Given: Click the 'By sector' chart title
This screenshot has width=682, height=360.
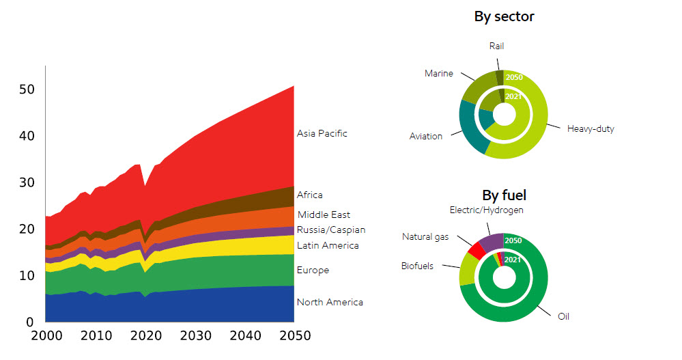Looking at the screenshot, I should pos(504,16).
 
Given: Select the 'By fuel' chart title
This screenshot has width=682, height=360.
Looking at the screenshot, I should pos(504,195).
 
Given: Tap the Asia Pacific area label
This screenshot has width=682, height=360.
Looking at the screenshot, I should pos(322,133).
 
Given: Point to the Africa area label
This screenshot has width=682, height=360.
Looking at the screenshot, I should pos(310,195).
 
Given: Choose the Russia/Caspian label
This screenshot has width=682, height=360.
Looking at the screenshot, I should pos(331,230).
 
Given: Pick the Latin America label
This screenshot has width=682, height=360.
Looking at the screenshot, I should pos(328,245).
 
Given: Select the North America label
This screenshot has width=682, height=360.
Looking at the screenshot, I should pos(330,302).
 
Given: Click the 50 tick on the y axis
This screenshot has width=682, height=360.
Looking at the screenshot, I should pos(27,89).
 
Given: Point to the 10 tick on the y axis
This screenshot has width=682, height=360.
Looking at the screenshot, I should pos(27,275).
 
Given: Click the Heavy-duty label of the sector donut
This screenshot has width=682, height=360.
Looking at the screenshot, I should pos(591,128).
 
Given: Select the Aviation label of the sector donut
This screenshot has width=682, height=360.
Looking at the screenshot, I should pos(425,136).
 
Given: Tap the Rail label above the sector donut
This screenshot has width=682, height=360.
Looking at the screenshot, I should pos(496,46).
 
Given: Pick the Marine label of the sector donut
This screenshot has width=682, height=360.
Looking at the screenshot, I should pos(438,73).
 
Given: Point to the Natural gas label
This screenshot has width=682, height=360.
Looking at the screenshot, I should pos(425,237).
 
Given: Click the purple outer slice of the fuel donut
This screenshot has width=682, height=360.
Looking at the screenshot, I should pos(492,241).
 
